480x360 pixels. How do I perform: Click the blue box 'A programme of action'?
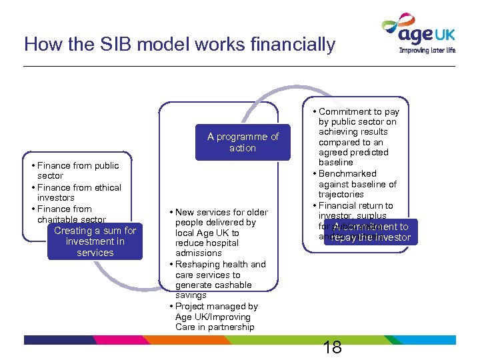[243, 142]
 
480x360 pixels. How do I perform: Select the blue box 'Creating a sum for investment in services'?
[95, 241]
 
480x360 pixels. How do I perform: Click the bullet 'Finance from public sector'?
[77, 171]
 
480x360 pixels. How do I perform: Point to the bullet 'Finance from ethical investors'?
[79, 193]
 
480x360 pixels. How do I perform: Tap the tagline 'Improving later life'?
[427, 49]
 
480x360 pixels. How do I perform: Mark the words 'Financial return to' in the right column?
[355, 205]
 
